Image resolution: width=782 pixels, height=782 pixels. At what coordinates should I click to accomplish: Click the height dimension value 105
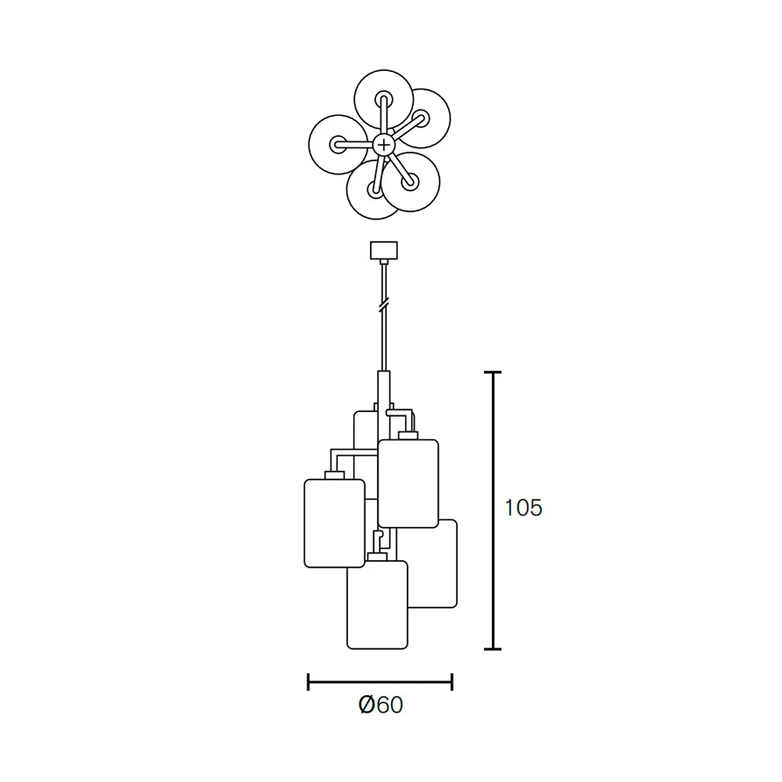tap(523, 508)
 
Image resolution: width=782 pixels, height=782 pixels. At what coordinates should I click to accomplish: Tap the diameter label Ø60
tap(381, 705)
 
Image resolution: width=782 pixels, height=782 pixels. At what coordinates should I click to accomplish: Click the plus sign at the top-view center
tap(383, 145)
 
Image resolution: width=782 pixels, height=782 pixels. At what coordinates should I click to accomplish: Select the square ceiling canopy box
tap(383, 250)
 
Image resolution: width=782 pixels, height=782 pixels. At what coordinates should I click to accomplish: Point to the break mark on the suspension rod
tap(383, 305)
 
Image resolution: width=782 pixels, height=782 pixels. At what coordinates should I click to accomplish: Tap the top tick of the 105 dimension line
tap(493, 372)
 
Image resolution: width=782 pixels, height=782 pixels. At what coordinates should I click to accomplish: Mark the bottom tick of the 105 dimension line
tap(493, 649)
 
